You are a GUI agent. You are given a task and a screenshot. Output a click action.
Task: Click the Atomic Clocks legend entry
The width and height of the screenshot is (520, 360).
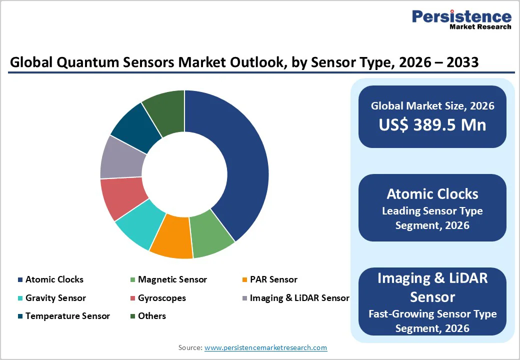tap(54, 279)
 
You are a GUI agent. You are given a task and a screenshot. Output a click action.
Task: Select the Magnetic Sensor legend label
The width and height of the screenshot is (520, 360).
tap(172, 279)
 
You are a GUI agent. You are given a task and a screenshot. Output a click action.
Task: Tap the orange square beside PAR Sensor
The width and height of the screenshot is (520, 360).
tap(244, 280)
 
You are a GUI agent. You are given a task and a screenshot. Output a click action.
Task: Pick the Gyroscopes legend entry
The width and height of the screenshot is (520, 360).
tap(161, 298)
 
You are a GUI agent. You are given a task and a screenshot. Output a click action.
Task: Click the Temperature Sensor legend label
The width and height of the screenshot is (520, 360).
tap(67, 316)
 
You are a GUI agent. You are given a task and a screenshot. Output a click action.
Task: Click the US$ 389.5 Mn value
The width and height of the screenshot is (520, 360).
tap(432, 124)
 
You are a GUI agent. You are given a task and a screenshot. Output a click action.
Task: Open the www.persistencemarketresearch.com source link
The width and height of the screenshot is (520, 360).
tap(265, 347)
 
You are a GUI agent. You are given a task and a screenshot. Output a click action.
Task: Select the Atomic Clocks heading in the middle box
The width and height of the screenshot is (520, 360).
tap(432, 194)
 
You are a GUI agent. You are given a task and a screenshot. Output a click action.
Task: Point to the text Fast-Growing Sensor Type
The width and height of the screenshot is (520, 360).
tap(432, 314)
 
